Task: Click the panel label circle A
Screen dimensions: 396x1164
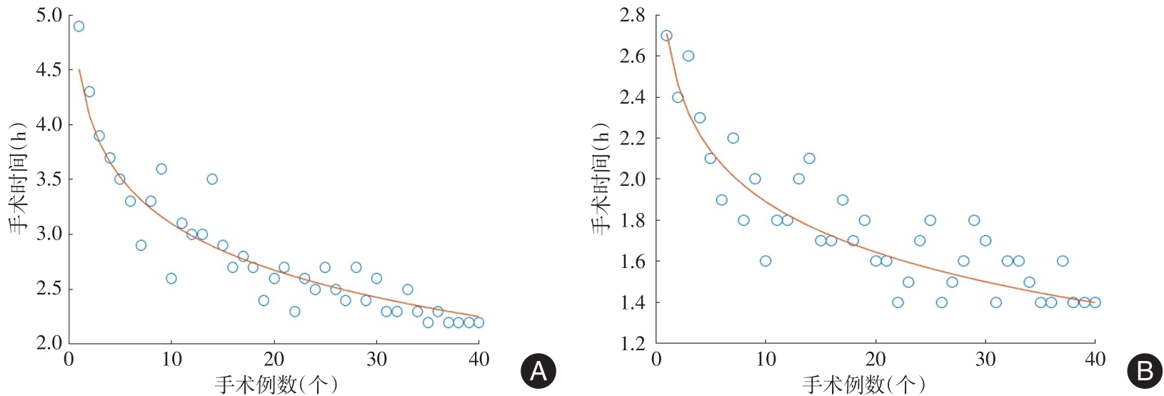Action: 538,371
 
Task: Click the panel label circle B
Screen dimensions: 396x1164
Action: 1144,371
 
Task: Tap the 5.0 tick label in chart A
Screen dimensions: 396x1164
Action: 49,15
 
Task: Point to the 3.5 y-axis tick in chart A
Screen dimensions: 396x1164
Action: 49,179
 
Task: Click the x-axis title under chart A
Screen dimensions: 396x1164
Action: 276,385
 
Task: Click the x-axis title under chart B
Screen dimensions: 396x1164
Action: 864,385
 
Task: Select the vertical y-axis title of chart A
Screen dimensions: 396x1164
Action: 18,179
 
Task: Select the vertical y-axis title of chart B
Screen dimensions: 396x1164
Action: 601,179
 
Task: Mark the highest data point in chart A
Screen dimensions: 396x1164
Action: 79,26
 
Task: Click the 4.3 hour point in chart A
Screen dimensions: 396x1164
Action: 89,91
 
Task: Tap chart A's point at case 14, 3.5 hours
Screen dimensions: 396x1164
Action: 212,179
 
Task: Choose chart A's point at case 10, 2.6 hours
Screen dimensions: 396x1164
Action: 171,278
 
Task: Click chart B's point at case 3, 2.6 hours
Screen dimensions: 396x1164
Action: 688,56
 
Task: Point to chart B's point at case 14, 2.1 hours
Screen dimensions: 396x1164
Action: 809,159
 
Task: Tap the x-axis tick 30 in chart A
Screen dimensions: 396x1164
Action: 376,359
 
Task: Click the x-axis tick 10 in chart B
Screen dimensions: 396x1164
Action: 766,359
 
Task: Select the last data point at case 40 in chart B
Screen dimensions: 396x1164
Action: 1095,302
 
